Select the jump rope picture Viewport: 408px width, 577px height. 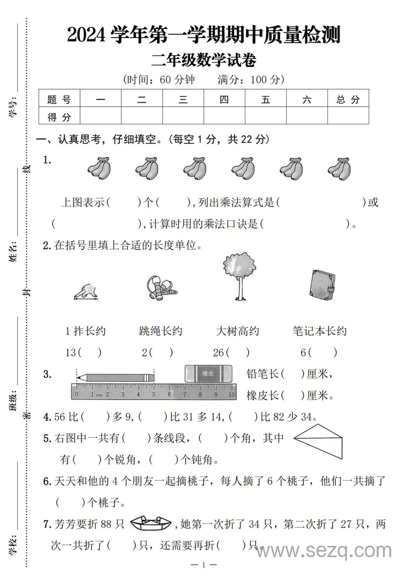click(x=160, y=288)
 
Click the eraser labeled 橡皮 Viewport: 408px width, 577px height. click(x=208, y=373)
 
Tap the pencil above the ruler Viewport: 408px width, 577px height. click(x=115, y=378)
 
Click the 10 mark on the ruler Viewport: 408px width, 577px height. click(x=231, y=394)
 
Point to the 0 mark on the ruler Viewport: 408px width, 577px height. click(x=76, y=394)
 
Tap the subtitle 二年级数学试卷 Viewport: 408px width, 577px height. click(x=204, y=60)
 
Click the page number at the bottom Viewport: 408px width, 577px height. click(x=203, y=565)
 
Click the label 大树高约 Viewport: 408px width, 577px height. click(x=238, y=331)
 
